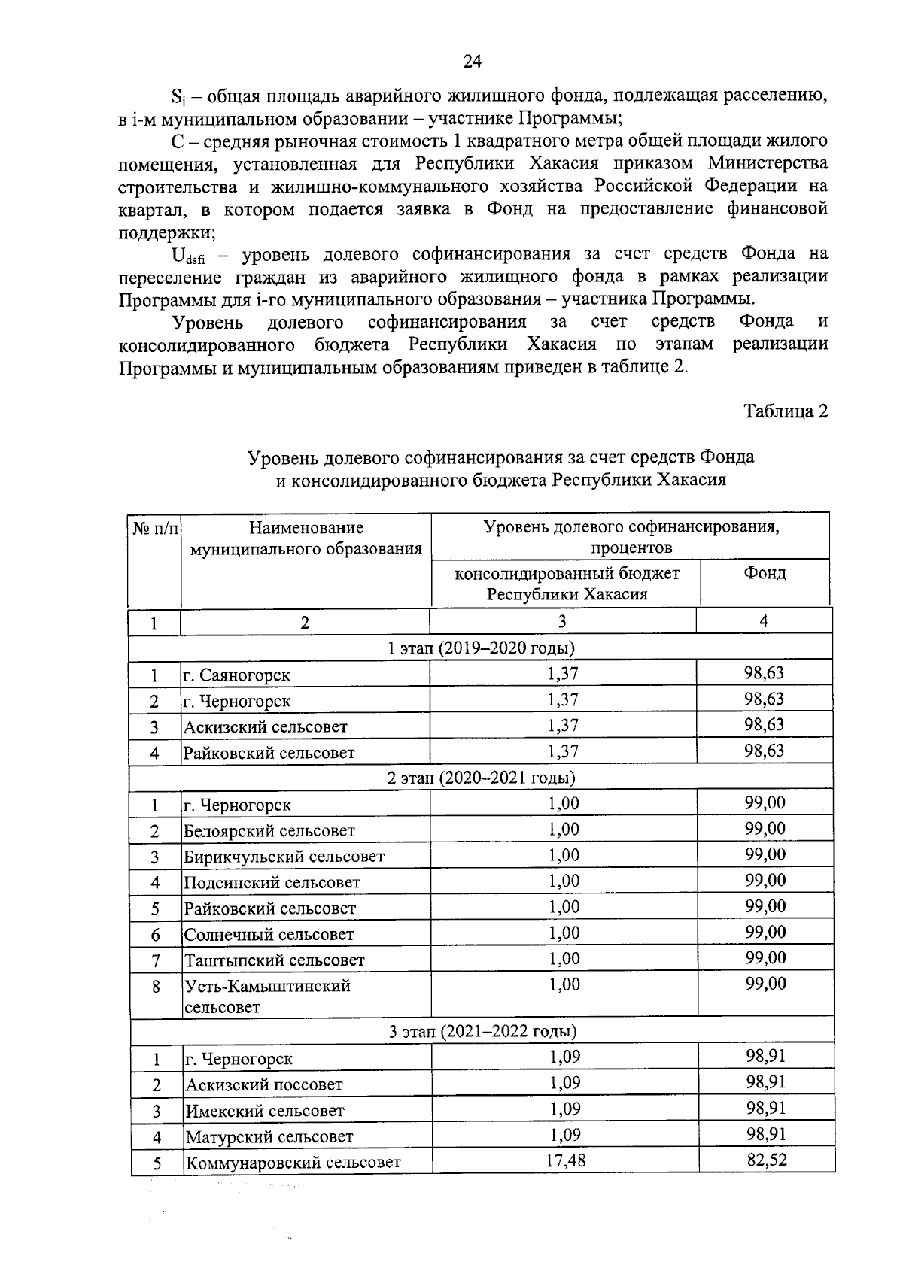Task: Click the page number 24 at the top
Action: pos(472,62)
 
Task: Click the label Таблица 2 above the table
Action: pos(786,411)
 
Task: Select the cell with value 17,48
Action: pos(565,1161)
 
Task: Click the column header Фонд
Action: pos(765,574)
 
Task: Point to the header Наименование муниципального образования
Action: pos(306,538)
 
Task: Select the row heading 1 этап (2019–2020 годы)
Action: pos(481,648)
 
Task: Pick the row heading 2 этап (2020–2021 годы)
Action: pos(481,777)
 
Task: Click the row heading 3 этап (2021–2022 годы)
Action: pos(482,1031)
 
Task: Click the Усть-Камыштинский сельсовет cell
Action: pos(267,996)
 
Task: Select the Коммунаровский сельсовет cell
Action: pos(293,1163)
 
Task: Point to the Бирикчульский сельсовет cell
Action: pos(284,857)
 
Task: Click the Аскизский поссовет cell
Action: pos(264,1084)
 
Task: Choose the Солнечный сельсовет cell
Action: pos(269,935)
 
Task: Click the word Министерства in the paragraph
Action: pos(767,163)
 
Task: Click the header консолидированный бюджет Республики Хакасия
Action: pos(567,584)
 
